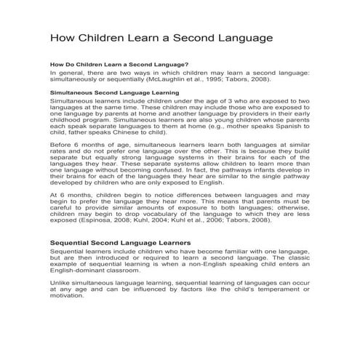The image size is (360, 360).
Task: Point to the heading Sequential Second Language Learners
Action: [120, 242]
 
